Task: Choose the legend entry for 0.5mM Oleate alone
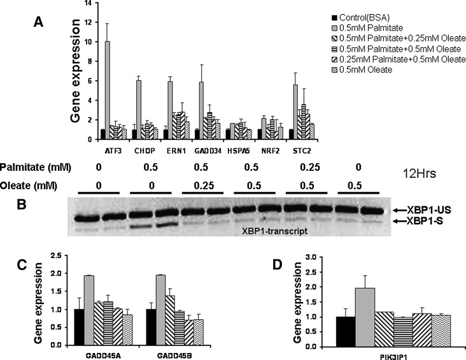(x=365, y=69)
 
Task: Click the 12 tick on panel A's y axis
(x=91, y=23)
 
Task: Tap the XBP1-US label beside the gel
(x=432, y=209)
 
